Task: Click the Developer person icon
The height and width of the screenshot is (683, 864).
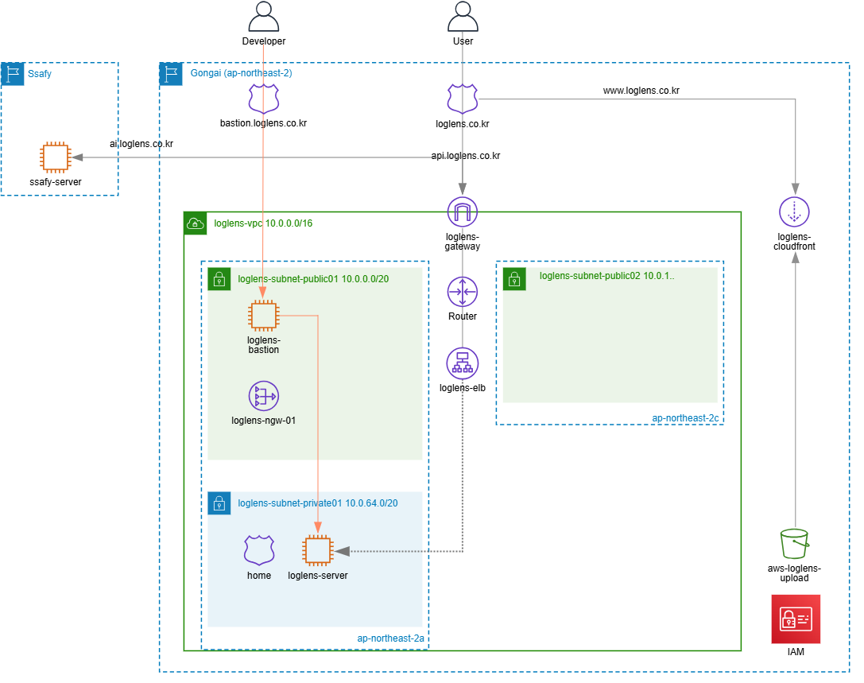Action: [x=263, y=16]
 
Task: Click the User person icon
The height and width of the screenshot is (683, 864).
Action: [x=463, y=16]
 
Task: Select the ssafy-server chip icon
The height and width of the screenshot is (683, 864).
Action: [x=55, y=157]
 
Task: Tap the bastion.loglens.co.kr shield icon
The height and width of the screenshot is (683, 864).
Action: [x=263, y=99]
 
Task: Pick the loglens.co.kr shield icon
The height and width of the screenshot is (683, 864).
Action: [x=463, y=99]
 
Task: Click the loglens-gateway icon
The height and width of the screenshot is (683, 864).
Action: [x=463, y=211]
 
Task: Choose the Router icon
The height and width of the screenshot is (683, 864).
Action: [x=463, y=292]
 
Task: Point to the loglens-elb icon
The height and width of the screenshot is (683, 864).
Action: [x=463, y=363]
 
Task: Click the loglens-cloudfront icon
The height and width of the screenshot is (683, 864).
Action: [x=794, y=211]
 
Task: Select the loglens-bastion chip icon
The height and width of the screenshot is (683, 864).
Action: [x=263, y=316]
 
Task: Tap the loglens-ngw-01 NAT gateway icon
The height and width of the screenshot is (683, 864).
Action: [x=263, y=396]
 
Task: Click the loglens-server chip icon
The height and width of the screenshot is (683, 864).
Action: [x=317, y=551]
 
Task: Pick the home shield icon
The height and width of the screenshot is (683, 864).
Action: [x=259, y=550]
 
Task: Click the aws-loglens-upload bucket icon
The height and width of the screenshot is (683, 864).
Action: [x=794, y=544]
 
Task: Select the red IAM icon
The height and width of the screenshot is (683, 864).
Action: [x=796, y=619]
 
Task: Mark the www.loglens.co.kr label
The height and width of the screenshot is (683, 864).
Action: [x=641, y=91]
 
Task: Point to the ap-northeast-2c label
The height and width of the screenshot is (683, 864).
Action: [x=685, y=418]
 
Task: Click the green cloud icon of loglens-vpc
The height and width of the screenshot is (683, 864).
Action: [x=196, y=223]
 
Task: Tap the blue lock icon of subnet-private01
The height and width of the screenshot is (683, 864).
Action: [x=219, y=503]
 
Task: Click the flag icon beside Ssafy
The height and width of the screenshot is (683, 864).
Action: [x=13, y=74]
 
